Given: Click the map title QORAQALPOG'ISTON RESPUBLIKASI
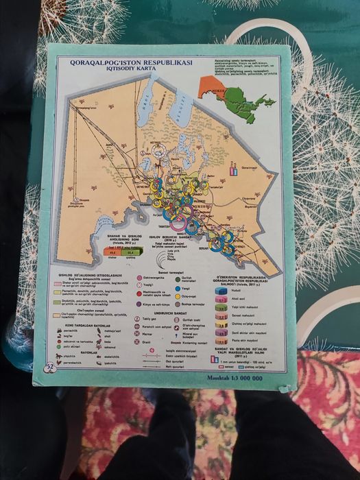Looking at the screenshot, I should click(x=131, y=62).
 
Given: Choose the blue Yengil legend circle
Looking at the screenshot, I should click(x=178, y=289).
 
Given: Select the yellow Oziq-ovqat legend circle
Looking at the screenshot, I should click(x=178, y=296).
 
